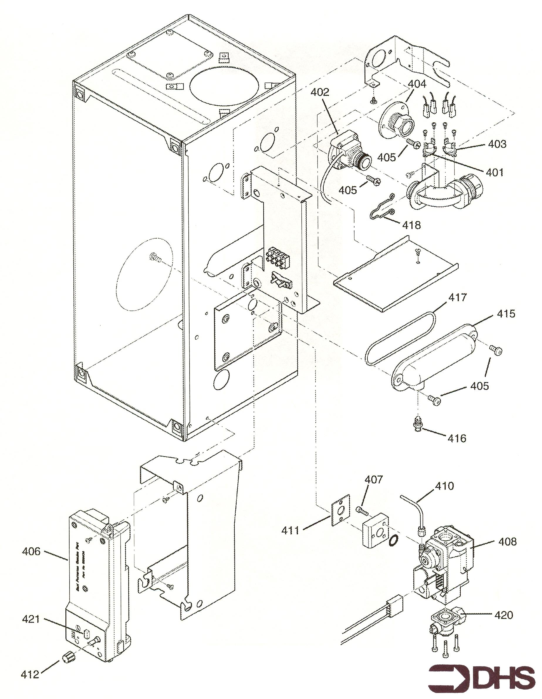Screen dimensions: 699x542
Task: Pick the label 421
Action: point(31,619)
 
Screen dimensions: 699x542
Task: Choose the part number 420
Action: point(504,614)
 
